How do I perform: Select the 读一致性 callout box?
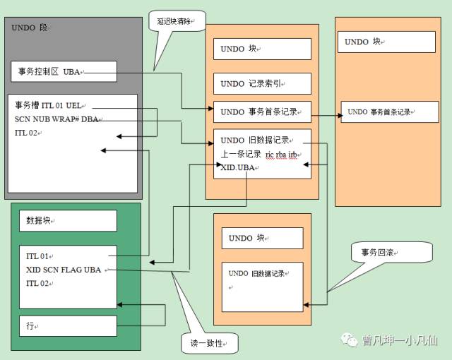(209, 342)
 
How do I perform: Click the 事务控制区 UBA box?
(64, 71)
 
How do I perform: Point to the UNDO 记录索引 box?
(262, 83)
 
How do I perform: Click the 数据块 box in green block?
(68, 220)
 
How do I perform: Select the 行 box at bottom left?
(68, 325)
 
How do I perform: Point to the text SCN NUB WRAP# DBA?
(56, 119)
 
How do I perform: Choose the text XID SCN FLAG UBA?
(63, 270)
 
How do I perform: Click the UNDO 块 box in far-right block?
(386, 42)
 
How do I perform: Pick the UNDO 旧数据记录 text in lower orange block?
(258, 274)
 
